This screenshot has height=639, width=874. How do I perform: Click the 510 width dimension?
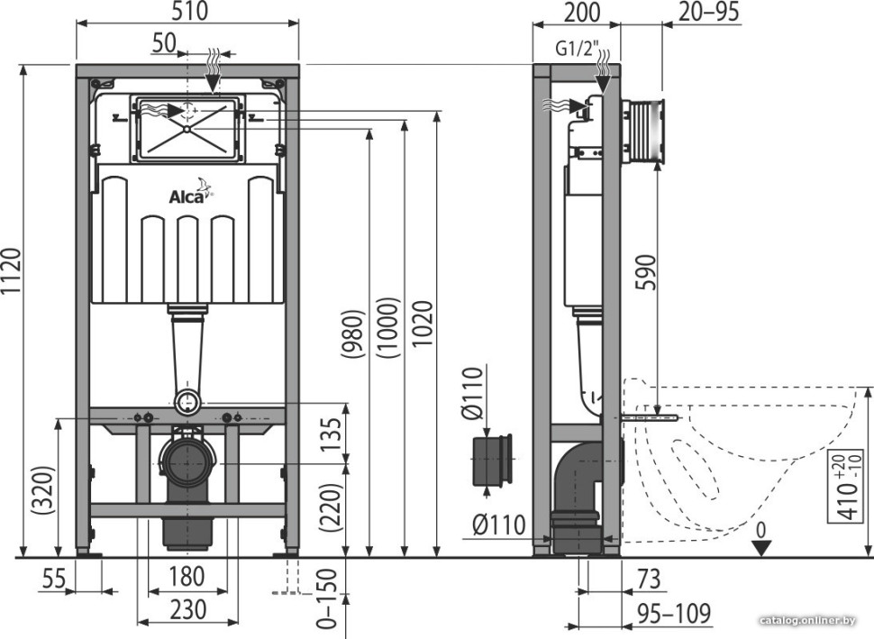click(187, 12)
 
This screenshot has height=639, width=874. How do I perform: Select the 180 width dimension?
click(186, 576)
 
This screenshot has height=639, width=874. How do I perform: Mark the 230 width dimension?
click(186, 609)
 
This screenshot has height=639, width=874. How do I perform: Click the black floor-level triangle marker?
click(762, 548)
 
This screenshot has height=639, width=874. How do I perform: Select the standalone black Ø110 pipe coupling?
click(492, 461)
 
